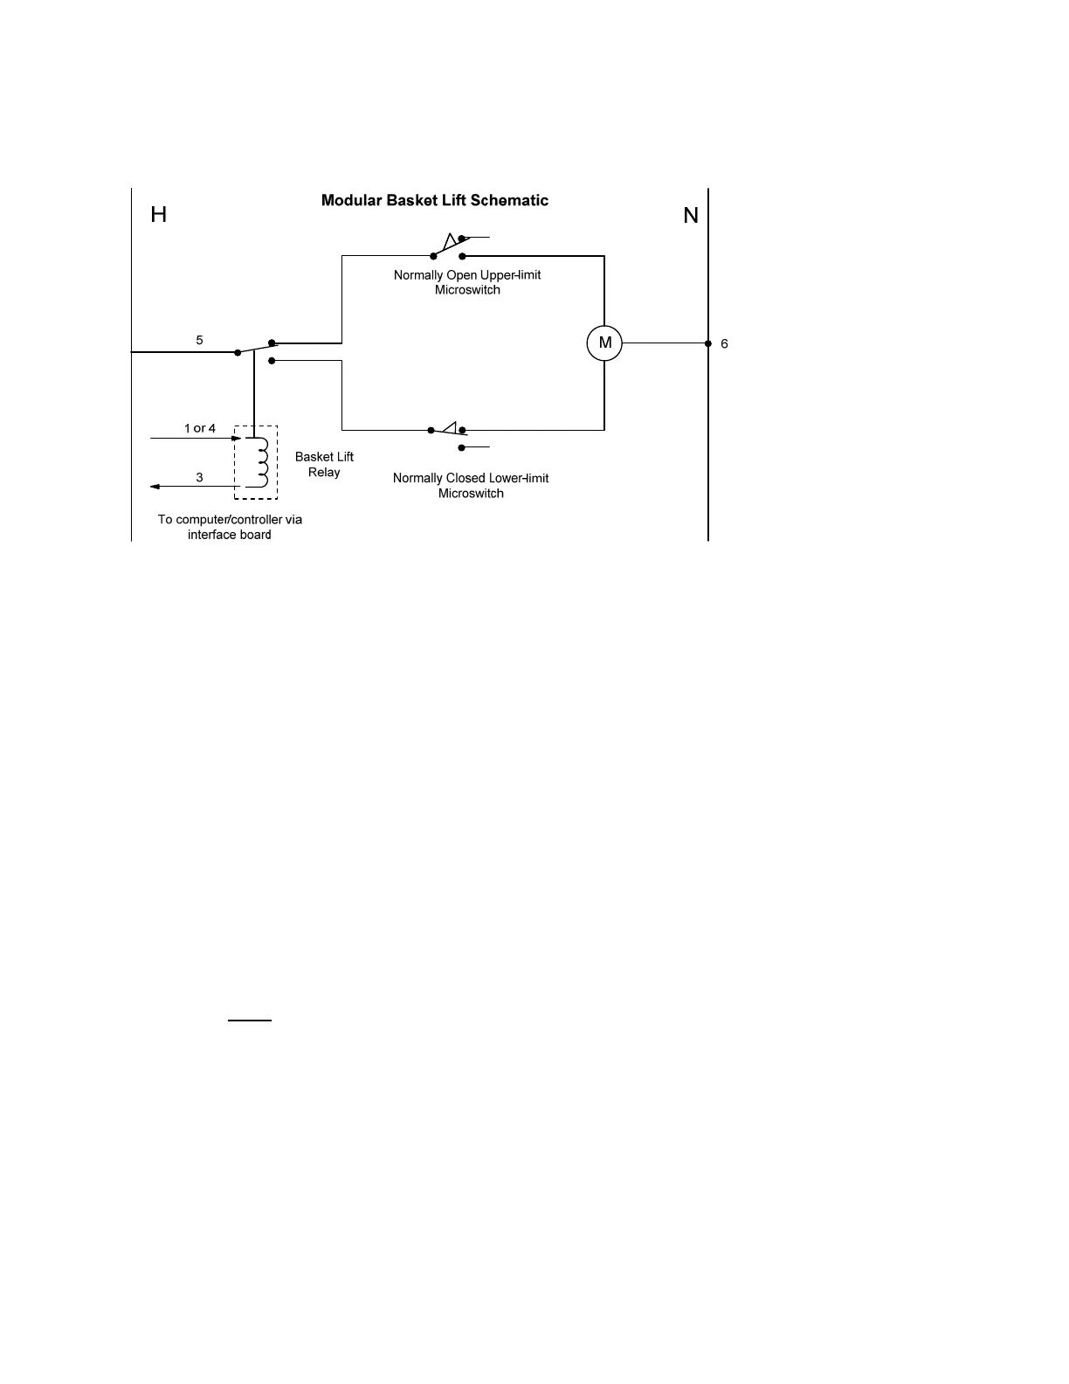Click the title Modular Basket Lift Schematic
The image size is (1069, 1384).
pos(435,200)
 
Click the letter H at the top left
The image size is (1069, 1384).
pos(158,215)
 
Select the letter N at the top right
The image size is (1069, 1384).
pos(691,216)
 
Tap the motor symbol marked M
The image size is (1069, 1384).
pos(604,343)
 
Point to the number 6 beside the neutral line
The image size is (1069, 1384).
pos(724,344)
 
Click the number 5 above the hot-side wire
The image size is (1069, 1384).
pos(199,340)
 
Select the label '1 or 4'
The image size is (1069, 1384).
pos(199,428)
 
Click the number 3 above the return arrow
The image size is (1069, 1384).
pos(199,477)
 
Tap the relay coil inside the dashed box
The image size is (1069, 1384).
pos(259,461)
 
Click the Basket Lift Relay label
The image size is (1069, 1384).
pos(324,464)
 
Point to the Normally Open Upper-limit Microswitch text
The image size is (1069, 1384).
pos(467,282)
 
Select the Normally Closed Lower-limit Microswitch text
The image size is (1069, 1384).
pos(471,485)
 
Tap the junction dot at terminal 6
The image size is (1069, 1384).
pos(708,343)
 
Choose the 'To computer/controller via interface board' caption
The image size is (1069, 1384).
pos(230,527)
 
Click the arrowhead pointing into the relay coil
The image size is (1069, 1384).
pos(236,438)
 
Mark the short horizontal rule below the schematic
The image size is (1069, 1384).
pos(250,1020)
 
